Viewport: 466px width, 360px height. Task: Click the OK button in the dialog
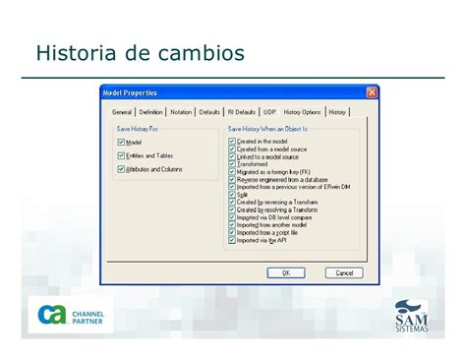[286, 272]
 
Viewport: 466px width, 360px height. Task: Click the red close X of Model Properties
[372, 92]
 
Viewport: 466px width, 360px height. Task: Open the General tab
[122, 112]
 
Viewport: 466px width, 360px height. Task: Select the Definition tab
[151, 112]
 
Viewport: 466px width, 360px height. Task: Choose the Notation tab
[181, 112]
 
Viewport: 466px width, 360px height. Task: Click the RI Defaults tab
[241, 112]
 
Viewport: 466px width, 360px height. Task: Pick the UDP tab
[269, 112]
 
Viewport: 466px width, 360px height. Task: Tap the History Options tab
[303, 112]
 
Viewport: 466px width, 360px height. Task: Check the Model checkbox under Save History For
[121, 143]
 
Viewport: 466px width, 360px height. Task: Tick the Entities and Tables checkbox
[121, 155]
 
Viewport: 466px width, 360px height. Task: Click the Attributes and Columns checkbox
[121, 168]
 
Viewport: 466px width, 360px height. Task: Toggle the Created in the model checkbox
[232, 142]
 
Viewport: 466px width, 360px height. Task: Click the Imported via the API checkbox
[232, 240]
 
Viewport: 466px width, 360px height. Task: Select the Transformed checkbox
[232, 163]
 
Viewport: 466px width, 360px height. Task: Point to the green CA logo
[51, 316]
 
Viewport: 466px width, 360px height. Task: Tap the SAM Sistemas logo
[412, 316]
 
